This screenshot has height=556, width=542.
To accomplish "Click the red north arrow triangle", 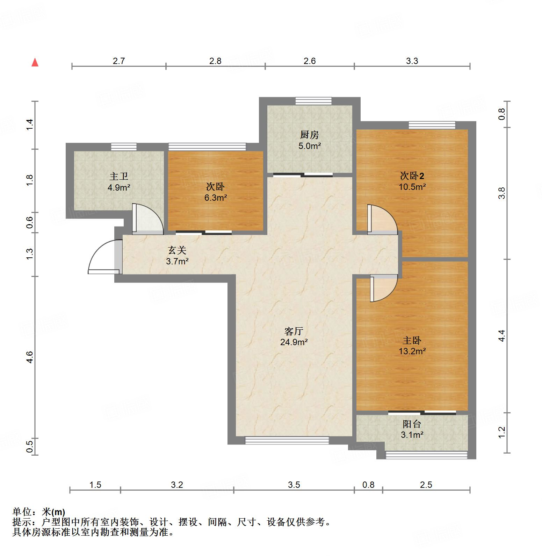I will [35, 63].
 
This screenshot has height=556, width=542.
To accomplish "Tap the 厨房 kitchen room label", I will [309, 135].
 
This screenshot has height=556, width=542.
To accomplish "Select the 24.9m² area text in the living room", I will [294, 342].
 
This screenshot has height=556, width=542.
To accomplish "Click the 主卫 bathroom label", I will [119, 176].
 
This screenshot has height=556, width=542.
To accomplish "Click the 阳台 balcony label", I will [412, 424].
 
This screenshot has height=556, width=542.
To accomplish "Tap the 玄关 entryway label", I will [177, 250].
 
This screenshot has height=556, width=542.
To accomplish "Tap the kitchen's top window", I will [313, 101].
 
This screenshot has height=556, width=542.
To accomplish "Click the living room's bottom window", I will [287, 441].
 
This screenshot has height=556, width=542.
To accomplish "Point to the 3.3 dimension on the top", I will [412, 61].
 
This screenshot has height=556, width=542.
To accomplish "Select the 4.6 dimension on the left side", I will [30, 357].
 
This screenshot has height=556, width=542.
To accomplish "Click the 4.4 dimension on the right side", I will [501, 336].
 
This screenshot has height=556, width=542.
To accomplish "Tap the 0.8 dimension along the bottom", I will [368, 485].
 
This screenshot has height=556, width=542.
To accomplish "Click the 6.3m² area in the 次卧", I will [216, 198].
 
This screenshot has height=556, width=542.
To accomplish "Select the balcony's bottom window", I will [426, 455].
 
